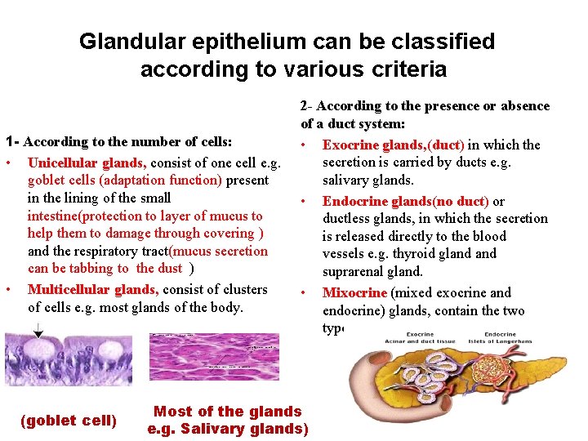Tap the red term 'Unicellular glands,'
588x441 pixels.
[x=87, y=163]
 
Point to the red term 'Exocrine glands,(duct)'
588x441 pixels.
[x=394, y=145]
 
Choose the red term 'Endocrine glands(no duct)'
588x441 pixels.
[x=405, y=201]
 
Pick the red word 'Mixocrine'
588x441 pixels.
[x=354, y=292]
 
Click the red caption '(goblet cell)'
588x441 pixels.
[x=69, y=421]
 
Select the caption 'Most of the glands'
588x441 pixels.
[x=228, y=412]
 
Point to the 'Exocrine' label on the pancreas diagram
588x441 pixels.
[x=420, y=334]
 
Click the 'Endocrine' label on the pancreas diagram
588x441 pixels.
[x=499, y=334]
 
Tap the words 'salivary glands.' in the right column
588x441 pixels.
[x=368, y=180]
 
